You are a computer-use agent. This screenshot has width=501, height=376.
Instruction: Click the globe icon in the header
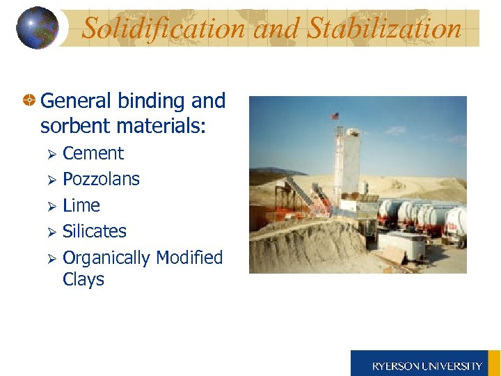37,28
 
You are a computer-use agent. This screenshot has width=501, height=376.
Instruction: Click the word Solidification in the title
164,29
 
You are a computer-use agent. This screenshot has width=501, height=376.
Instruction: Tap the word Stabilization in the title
385,29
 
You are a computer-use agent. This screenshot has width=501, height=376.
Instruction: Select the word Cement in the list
93,153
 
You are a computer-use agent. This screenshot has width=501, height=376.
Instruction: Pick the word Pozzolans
101,179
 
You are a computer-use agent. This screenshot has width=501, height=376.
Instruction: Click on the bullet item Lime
81,205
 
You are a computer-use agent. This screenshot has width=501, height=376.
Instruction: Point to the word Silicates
95,231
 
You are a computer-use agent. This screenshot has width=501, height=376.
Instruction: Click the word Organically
106,258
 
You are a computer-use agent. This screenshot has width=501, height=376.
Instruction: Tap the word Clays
83,279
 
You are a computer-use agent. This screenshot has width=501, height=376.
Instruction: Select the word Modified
189,258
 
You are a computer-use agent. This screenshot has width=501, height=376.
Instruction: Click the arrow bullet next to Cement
50,154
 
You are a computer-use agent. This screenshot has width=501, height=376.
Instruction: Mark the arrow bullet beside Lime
50,206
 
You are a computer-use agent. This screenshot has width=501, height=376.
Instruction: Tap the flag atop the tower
336,116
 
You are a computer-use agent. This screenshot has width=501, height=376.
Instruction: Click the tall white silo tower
345,164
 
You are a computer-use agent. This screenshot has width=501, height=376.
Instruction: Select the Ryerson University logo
426,364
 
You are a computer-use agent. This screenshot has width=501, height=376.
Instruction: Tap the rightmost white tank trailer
456,222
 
